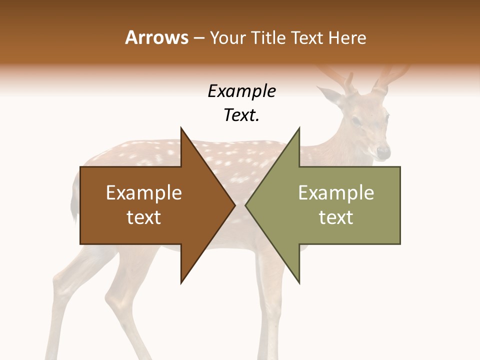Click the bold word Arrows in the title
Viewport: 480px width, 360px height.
tap(156, 37)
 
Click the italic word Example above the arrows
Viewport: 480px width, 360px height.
tap(241, 91)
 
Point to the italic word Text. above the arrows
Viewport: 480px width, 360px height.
tap(241, 115)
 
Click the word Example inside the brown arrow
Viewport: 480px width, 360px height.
tap(143, 192)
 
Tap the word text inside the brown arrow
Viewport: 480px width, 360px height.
tap(143, 217)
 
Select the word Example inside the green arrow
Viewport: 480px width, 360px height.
tap(336, 192)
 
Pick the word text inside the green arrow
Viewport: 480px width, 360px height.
tap(336, 217)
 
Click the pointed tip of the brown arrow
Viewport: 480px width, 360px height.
tap(234, 205)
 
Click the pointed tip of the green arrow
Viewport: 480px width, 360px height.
tap(246, 205)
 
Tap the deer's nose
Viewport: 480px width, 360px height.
tap(384, 151)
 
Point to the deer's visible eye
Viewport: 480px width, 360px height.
tap(356, 121)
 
